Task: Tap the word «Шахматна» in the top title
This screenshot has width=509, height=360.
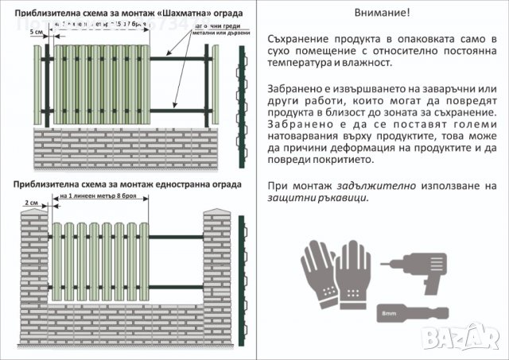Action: (181, 14)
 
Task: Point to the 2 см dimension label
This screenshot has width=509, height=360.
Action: (32, 203)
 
